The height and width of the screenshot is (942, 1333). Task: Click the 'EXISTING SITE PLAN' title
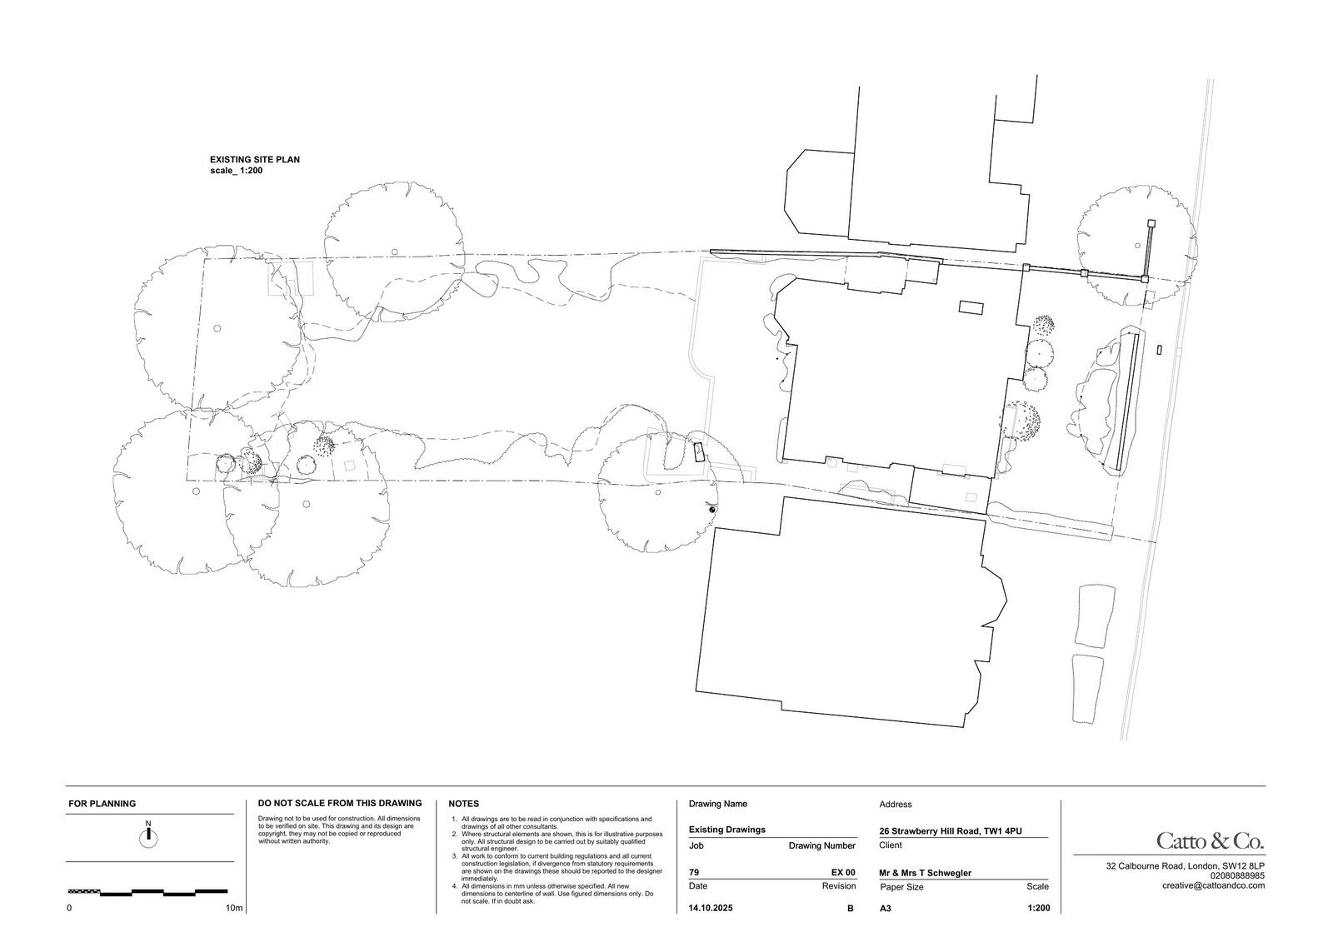(x=255, y=159)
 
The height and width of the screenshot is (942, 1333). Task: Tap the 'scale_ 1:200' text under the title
(x=237, y=171)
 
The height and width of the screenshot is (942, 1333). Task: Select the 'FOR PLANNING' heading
(x=102, y=804)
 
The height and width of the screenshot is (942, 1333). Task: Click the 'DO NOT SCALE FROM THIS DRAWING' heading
(x=340, y=804)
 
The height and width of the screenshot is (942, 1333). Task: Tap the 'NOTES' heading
(x=463, y=804)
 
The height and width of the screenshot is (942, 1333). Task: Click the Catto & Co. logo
(x=1211, y=841)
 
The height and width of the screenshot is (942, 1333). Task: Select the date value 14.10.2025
(x=711, y=908)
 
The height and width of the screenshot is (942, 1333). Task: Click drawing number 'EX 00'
(x=843, y=872)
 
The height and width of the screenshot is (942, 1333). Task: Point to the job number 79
(x=694, y=872)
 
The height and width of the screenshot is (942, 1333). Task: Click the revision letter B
(x=851, y=908)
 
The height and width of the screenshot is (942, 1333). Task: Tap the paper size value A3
(x=886, y=909)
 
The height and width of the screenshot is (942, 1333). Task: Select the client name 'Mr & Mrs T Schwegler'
(x=926, y=873)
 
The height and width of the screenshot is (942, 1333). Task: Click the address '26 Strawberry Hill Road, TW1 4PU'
(x=951, y=831)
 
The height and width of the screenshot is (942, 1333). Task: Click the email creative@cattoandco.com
(x=1213, y=885)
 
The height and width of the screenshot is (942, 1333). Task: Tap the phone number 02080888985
(x=1238, y=876)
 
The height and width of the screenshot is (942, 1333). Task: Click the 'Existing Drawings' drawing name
(x=727, y=830)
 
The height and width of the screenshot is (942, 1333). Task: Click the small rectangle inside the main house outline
(x=971, y=307)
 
